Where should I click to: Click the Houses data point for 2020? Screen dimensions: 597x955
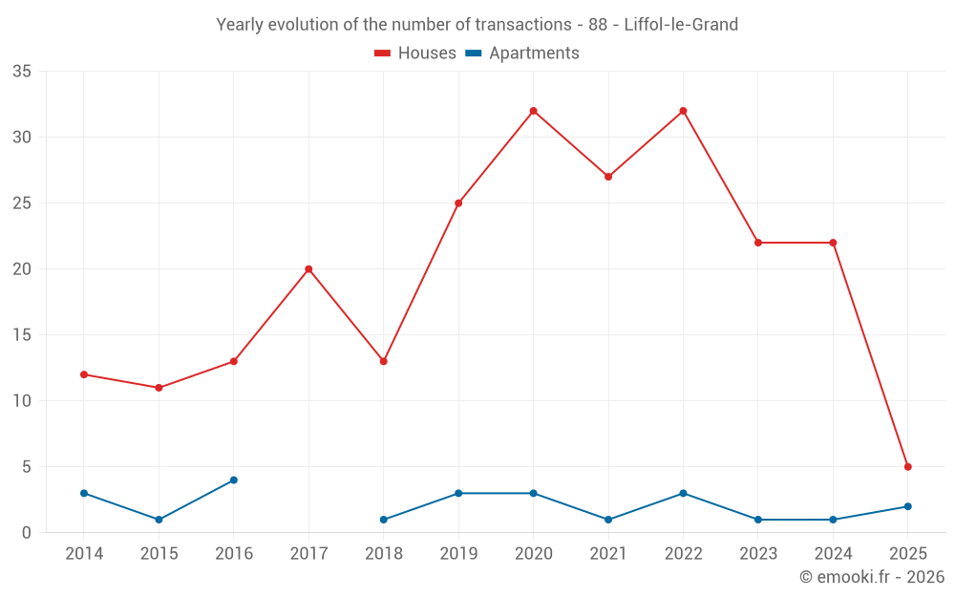click(533, 111)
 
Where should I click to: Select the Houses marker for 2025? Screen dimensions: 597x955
click(908, 467)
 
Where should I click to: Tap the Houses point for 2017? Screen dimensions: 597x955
click(308, 269)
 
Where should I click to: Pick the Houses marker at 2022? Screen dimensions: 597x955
click(683, 111)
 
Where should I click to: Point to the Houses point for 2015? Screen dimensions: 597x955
click(159, 388)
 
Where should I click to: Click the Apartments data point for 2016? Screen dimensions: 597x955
click(234, 480)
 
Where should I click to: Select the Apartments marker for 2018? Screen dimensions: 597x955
click(384, 520)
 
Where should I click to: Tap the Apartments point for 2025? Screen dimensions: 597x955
click(908, 506)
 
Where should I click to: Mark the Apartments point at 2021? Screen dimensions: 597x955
click(608, 520)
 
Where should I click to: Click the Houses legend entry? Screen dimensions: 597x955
click(415, 53)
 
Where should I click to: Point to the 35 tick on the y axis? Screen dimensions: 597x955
click(22, 72)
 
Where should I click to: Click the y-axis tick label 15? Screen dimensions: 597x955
click(22, 335)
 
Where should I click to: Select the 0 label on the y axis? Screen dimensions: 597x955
click(27, 533)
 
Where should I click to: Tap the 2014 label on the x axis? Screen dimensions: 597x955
click(84, 554)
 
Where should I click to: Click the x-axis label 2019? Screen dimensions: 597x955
click(458, 554)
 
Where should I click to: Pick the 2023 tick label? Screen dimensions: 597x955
click(758, 554)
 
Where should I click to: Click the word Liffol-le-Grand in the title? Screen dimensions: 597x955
click(681, 25)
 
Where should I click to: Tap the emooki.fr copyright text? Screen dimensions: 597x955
click(872, 577)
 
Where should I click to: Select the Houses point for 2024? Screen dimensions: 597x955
click(833, 243)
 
